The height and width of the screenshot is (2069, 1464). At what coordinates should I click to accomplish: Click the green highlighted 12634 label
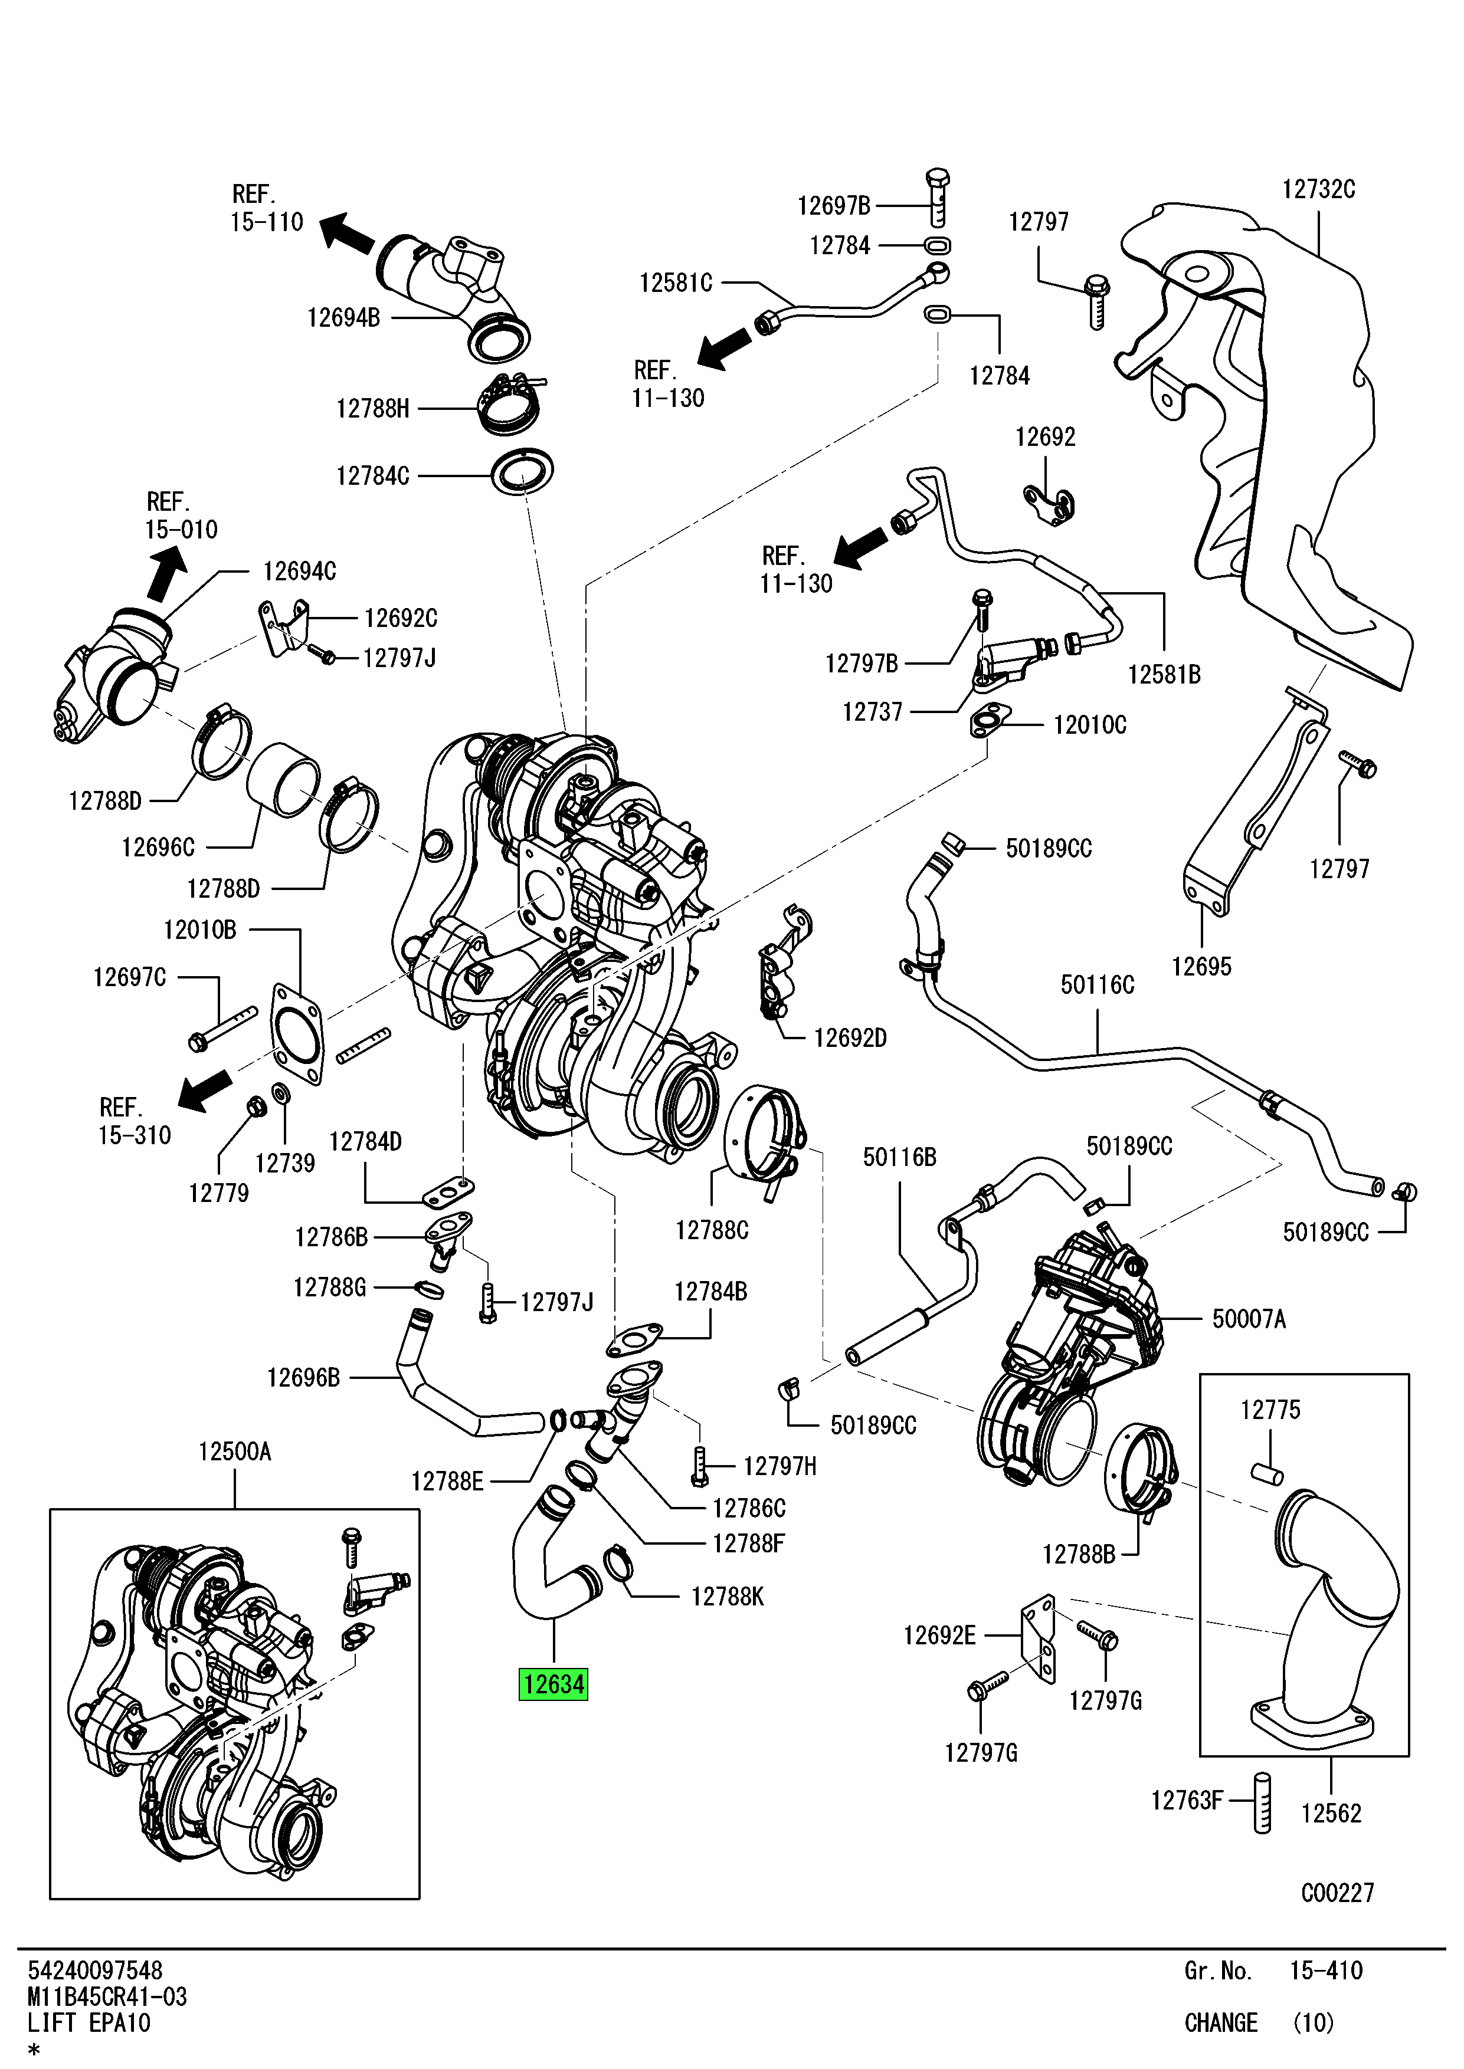(x=552, y=1683)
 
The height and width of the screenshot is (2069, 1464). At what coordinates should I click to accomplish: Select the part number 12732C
(x=1318, y=189)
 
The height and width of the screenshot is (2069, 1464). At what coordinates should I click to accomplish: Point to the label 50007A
(x=1249, y=1319)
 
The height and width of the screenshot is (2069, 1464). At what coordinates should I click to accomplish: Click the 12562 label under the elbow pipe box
(x=1331, y=1813)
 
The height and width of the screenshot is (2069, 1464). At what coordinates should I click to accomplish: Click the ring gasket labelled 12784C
(x=523, y=471)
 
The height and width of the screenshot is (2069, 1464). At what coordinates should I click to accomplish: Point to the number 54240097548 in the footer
(x=94, y=1970)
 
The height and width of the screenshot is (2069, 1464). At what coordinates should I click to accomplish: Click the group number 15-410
(x=1325, y=1971)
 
